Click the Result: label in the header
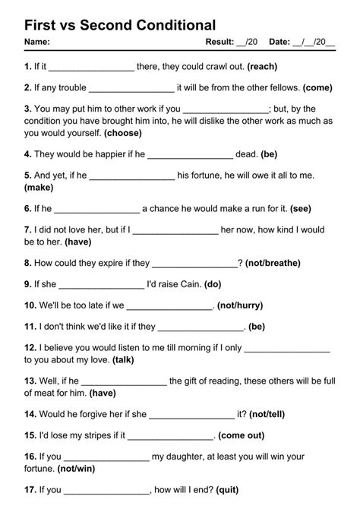[x=219, y=42]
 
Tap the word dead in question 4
[x=246, y=153]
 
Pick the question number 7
[x=28, y=229]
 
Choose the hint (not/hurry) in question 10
[x=240, y=306]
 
